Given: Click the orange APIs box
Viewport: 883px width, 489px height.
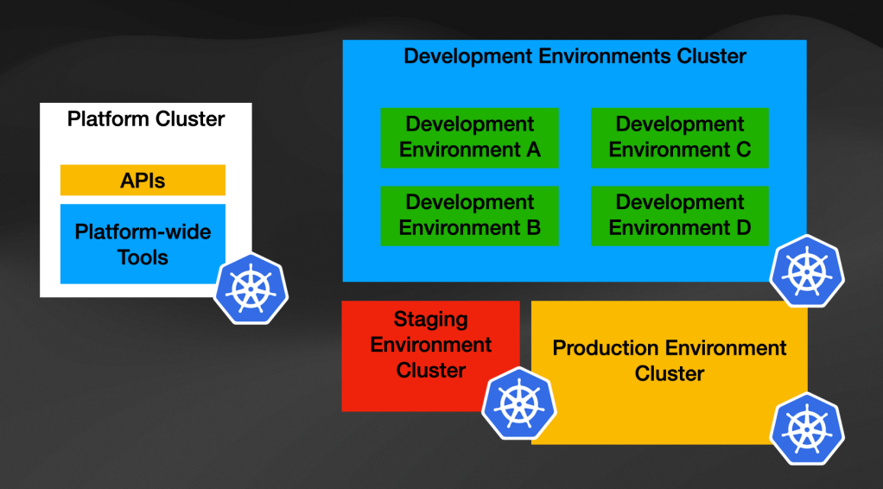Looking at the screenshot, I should click(143, 181).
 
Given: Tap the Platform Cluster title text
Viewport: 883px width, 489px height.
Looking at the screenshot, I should click(146, 118).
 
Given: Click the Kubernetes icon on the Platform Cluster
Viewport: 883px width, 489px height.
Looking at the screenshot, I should click(251, 289).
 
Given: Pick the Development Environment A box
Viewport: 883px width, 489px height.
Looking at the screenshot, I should click(469, 137).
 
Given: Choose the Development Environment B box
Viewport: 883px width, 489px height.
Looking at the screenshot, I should click(469, 215).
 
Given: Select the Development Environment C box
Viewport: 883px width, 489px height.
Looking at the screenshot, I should click(679, 137).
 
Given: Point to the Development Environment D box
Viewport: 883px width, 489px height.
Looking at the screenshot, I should click(679, 215).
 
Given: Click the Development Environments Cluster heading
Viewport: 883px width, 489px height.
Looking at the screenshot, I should click(575, 57).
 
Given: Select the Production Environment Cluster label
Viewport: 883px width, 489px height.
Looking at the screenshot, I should click(670, 360).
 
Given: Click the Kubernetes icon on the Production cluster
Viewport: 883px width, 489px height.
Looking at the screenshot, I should click(807, 429).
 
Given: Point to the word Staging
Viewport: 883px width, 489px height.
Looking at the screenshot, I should click(430, 319).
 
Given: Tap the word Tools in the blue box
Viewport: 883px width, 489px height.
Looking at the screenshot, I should click(143, 257).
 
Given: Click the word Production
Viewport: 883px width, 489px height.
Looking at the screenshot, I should click(606, 348).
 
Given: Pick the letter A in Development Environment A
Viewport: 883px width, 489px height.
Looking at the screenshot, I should click(533, 149).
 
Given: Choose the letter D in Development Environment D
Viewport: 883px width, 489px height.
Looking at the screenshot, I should click(743, 228).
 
